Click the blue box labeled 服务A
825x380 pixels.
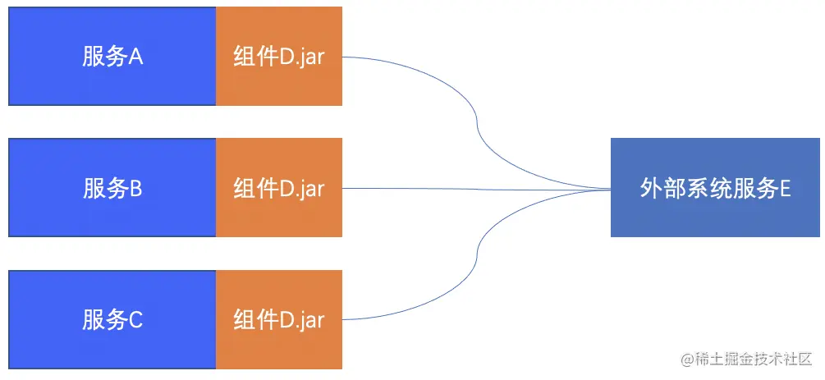[112, 56]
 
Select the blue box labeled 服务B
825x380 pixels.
[112, 188]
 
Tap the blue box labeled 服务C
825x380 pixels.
[112, 319]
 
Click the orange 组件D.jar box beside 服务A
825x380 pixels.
[279, 56]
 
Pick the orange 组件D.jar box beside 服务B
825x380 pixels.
[279, 188]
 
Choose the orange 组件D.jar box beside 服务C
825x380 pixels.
[279, 319]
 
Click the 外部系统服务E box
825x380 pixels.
[715, 188]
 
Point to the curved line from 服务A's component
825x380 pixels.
[476, 123]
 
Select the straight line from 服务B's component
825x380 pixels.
[476, 189]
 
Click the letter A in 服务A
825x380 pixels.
[136, 57]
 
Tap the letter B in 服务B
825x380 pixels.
[136, 189]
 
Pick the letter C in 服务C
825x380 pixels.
[136, 320]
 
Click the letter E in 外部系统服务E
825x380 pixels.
[785, 189]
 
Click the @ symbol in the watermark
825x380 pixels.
[685, 359]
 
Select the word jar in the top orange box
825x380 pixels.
[311, 57]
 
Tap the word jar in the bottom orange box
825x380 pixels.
[311, 321]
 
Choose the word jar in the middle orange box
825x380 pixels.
[311, 190]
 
